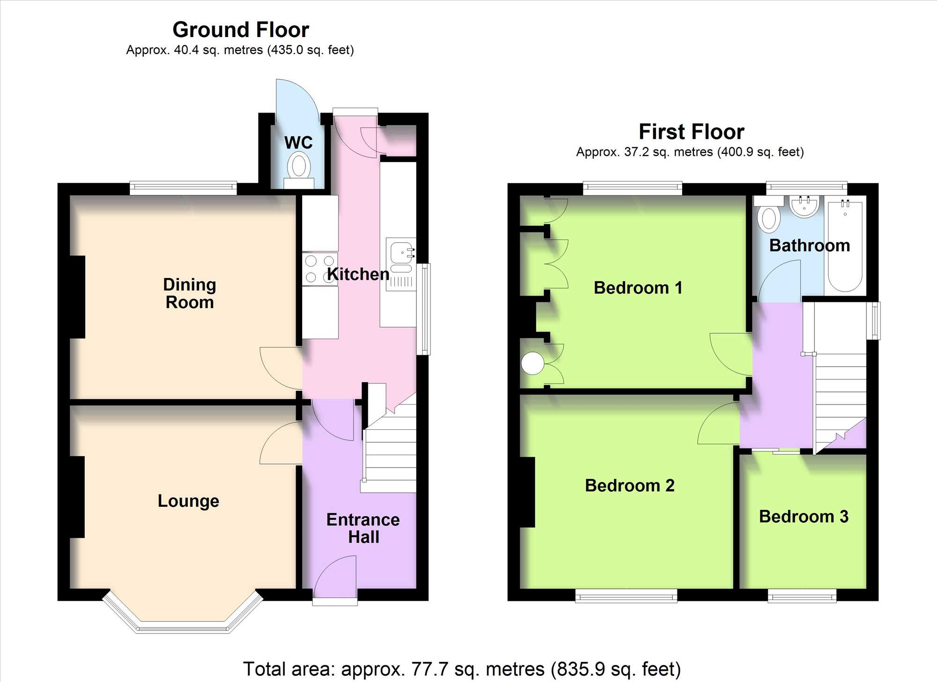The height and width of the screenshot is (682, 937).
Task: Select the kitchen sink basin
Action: pyautogui.click(x=402, y=253)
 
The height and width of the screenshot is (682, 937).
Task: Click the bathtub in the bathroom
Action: pyautogui.click(x=845, y=246)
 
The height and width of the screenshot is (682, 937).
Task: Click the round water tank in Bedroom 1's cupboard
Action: pyautogui.click(x=533, y=363)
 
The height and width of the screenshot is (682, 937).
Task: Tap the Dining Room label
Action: pyautogui.click(x=190, y=293)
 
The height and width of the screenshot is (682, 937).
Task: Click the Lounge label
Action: pyautogui.click(x=188, y=501)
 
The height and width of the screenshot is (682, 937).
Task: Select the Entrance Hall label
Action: pyautogui.click(x=363, y=528)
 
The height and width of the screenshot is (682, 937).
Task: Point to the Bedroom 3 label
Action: pyautogui.click(x=803, y=516)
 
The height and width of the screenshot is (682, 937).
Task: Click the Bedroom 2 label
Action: pyautogui.click(x=630, y=485)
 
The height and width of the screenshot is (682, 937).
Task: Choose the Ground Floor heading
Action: pyautogui.click(x=241, y=30)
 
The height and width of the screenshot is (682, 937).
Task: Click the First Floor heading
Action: pyautogui.click(x=692, y=132)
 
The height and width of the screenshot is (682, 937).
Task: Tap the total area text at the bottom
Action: pyautogui.click(x=462, y=669)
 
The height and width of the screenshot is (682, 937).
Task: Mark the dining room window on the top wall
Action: pyautogui.click(x=183, y=188)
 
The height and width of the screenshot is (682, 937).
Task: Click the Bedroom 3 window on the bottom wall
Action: pyautogui.click(x=802, y=596)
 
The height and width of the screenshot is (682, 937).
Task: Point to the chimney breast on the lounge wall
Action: pyautogui.click(x=77, y=497)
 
